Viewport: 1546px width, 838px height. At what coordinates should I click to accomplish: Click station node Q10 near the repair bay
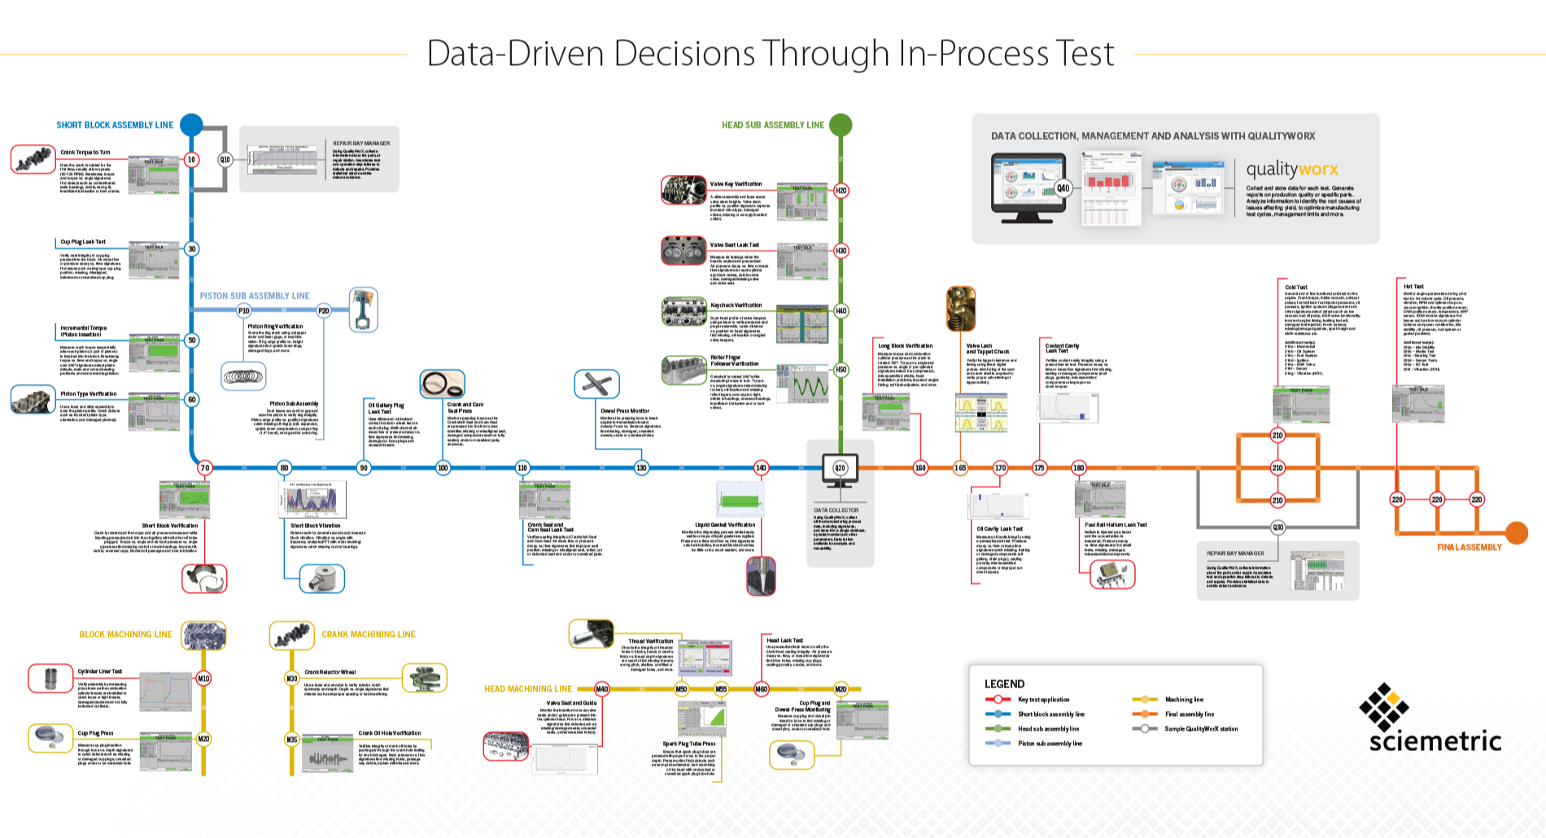pos(225,159)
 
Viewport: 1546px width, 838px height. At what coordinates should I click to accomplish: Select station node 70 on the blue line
pos(205,468)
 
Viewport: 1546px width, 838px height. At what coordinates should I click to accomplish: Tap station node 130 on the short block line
pos(641,468)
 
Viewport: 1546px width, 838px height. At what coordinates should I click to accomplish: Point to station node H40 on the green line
pos(841,311)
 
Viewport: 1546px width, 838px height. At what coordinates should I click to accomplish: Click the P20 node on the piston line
pos(323,311)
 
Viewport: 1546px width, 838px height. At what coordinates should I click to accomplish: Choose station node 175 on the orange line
pos(1039,468)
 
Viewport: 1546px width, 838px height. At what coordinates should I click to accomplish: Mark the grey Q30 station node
pos(1277,527)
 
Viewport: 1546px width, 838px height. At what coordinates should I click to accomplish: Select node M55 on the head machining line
pos(721,689)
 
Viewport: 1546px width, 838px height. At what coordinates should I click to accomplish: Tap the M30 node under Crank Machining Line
pos(291,678)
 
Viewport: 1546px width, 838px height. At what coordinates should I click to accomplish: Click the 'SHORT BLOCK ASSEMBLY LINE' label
pos(115,125)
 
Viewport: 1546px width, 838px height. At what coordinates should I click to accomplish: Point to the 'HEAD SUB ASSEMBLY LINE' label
pos(773,125)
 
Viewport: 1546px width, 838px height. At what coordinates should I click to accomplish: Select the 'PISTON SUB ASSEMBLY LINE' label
pos(255,296)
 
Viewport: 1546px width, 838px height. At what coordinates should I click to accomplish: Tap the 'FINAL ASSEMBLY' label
pos(1469,548)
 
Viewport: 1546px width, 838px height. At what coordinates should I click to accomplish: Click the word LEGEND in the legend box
pos(1004,684)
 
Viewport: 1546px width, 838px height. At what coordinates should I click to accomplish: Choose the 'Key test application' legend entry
pos(1043,700)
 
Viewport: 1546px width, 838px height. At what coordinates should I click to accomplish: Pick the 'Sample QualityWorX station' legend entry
pos(1201,729)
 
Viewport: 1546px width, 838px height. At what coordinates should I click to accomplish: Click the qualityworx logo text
pos(1292,169)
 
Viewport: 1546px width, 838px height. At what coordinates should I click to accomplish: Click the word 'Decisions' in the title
pos(684,55)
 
